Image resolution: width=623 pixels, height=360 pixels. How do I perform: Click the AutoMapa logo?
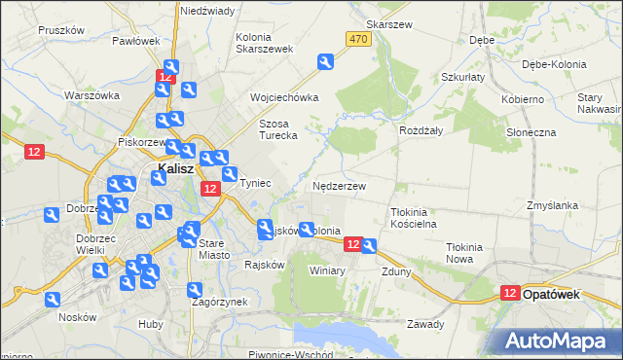(x=561, y=341)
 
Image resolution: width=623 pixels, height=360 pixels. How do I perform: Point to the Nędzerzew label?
(x=340, y=186)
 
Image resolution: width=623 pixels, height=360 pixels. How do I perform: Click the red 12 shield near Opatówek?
(x=510, y=293)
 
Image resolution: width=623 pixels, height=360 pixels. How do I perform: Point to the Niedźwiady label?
(x=207, y=11)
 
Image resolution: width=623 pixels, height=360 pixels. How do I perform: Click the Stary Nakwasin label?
(x=596, y=104)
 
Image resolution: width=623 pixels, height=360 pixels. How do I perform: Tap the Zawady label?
(x=425, y=324)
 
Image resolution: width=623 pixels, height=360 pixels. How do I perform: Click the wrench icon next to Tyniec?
(x=230, y=175)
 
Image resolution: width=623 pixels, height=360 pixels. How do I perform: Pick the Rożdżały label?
(x=421, y=129)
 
